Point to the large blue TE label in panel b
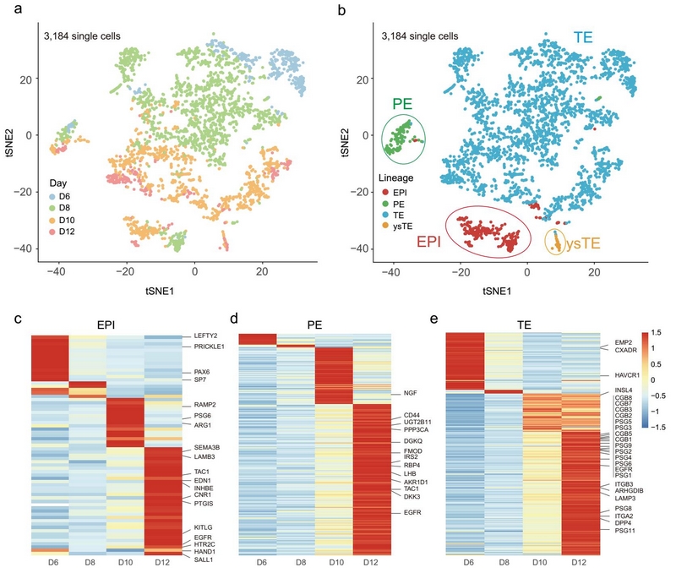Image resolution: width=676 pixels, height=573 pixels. pyautogui.click(x=581, y=38)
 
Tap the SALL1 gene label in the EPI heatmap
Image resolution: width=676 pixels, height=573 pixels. pyautogui.click(x=199, y=560)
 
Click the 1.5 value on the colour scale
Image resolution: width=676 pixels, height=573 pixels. pyautogui.click(x=657, y=334)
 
